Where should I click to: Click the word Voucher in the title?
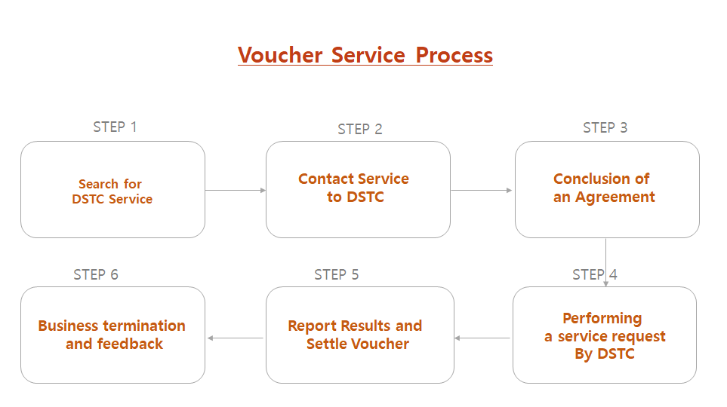[280, 55]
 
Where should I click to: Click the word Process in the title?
[454, 55]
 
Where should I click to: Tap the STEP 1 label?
[115, 127]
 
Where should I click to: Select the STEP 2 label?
[360, 129]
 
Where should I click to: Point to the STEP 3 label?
[605, 127]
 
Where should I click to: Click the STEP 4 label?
[595, 274]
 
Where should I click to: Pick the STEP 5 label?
[337, 274]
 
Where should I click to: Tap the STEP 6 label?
[96, 274]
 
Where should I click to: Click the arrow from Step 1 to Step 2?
[236, 190]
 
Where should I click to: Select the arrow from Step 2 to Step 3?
[481, 190]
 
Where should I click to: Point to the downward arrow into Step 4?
[605, 262]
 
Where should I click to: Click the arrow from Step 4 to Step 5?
[482, 338]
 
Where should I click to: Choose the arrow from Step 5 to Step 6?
[236, 338]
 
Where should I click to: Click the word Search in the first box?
[98, 184]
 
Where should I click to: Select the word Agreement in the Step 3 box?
[615, 197]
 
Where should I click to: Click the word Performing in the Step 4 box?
[602, 319]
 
